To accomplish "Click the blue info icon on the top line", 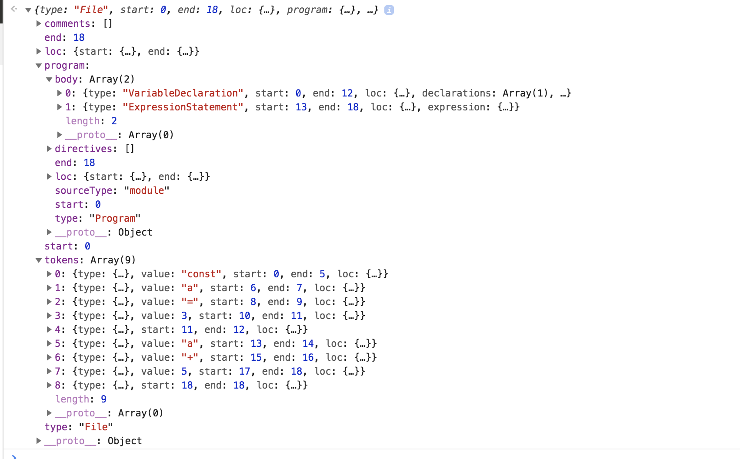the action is (389, 10).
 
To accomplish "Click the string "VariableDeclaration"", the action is (183, 93).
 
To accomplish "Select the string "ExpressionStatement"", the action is (183, 107).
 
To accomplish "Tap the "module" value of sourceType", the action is (147, 191).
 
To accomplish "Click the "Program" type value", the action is (115, 219).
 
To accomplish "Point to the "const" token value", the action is (201, 274).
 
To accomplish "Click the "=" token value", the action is (190, 302).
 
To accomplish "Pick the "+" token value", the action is (190, 358).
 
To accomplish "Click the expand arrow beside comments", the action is (39, 23).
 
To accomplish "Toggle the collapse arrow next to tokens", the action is (39, 260).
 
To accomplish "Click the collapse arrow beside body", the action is (49, 80).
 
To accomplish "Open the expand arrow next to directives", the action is (49, 149).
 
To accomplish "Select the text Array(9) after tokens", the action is (113, 260).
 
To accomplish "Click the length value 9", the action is (103, 399).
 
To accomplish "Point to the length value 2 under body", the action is (114, 121).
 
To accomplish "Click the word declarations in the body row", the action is (457, 93).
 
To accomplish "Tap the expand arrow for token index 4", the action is (49, 329).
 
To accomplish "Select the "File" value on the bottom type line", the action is (96, 427).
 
